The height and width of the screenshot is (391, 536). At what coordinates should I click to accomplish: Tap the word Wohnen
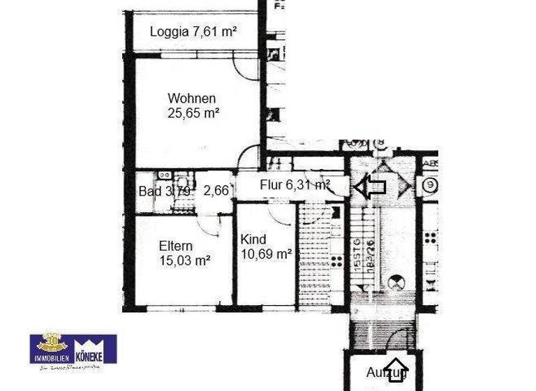(x=191, y=98)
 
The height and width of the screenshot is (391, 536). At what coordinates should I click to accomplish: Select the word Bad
(x=149, y=191)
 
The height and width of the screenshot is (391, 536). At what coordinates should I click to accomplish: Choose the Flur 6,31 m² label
(x=295, y=185)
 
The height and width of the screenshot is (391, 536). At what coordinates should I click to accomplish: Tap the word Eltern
(x=176, y=246)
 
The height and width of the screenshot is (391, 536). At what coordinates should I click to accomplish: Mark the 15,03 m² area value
(x=185, y=260)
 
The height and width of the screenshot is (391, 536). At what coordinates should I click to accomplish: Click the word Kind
(x=253, y=239)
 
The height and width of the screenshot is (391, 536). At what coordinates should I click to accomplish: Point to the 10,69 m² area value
(x=266, y=254)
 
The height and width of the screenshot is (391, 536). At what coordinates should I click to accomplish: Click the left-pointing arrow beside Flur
(x=370, y=186)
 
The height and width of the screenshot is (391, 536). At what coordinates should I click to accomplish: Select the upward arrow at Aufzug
(x=396, y=370)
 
